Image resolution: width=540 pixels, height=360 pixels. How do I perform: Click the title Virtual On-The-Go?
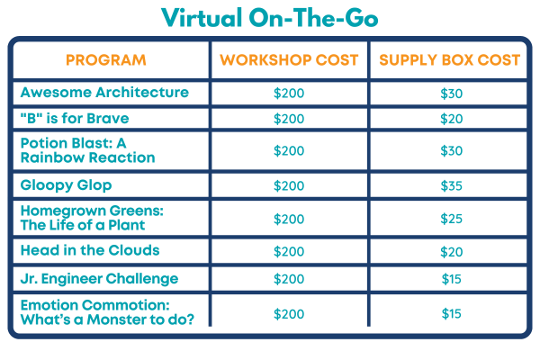coord(270,18)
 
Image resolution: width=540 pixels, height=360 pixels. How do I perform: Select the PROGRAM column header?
coord(106,60)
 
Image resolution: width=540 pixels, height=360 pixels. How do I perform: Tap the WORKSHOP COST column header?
coord(289,60)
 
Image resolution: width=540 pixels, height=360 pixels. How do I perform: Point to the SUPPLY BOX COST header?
coord(450,60)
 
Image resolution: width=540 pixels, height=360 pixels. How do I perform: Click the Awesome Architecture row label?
coord(104,93)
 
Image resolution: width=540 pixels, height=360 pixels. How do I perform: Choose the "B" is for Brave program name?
coord(75,118)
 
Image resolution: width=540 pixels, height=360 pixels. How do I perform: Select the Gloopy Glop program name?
coord(66,185)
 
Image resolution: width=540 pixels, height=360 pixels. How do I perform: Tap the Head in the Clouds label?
coord(90,250)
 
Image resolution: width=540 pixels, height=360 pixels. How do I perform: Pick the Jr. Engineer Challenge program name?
coord(100,279)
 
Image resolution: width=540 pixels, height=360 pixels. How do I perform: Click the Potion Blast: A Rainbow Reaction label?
coord(88,150)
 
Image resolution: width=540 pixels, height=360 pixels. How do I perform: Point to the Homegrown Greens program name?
coord(92,218)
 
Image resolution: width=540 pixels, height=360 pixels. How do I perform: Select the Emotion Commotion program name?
coord(107,312)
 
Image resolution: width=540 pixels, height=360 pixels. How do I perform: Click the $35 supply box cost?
coord(452,186)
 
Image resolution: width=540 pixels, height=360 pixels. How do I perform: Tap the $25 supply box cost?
coord(452,219)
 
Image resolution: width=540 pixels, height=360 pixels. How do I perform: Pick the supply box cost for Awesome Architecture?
coord(452,94)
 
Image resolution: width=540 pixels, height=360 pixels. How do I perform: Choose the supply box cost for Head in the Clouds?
coord(452,252)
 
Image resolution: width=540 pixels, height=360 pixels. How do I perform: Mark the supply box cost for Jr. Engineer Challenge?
coord(452,279)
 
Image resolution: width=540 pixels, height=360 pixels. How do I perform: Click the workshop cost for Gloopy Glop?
coord(289,186)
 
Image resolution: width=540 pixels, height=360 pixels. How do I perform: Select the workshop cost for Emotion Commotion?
coord(289,314)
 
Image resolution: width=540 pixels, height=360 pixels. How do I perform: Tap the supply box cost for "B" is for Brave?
coord(452,119)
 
